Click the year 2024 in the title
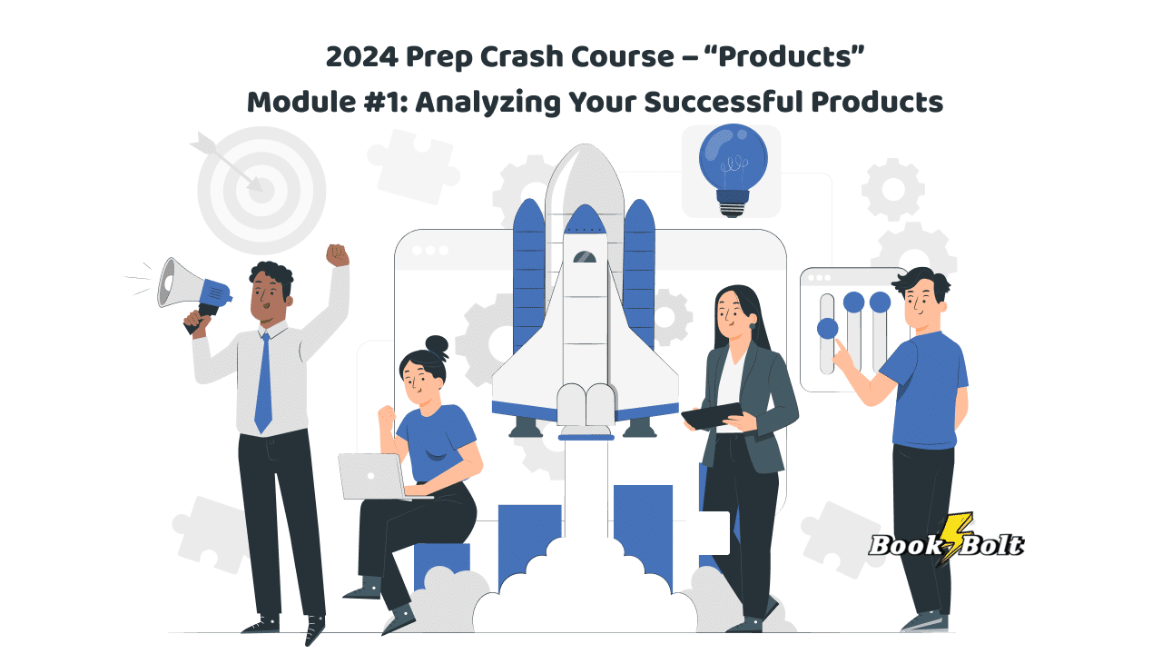tap(362, 56)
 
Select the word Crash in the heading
tap(521, 56)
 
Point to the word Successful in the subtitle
tap(724, 102)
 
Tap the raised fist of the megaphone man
tap(337, 255)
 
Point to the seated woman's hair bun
tap(437, 346)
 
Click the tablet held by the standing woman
tap(713, 416)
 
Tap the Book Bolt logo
tap(947, 542)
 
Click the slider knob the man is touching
tap(827, 329)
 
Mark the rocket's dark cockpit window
tap(585, 256)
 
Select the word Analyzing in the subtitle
tap(487, 103)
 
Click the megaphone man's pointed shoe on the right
tap(314, 629)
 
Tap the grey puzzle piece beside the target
tap(413, 165)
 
